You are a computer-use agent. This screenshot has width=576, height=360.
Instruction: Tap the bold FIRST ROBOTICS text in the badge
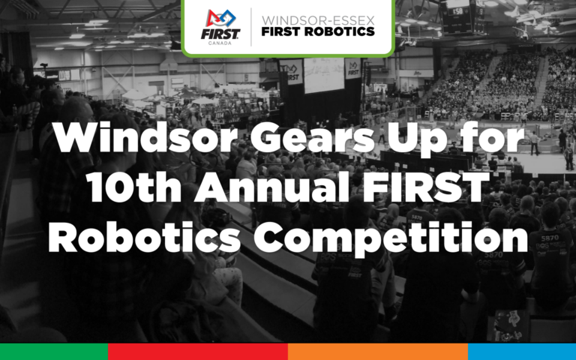(x=317, y=32)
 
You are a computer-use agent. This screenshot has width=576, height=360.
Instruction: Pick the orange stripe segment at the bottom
(x=378, y=352)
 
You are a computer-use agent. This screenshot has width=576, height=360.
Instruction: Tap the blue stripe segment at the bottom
(x=522, y=352)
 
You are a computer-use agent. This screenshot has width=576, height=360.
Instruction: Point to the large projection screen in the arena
(x=323, y=75)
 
